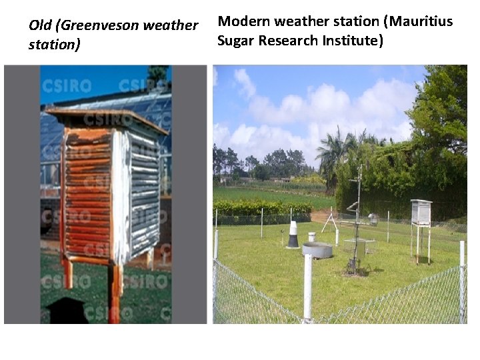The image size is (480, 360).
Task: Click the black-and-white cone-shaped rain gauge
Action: tap(293, 235)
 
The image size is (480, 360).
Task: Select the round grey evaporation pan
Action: tap(317, 250)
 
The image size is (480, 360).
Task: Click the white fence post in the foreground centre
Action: tap(307, 287)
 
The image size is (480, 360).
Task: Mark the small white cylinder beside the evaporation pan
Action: tap(311, 237)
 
